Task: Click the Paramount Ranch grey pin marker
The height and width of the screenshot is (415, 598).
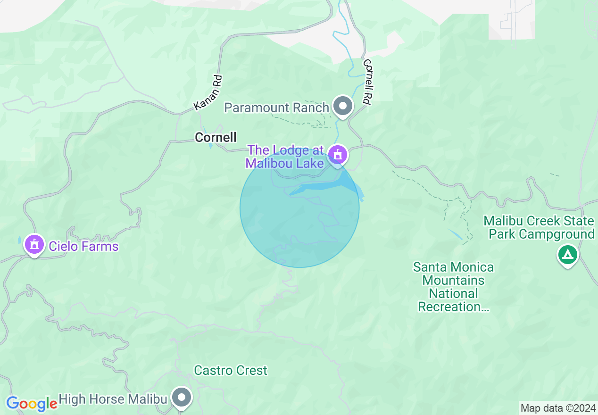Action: point(343,106)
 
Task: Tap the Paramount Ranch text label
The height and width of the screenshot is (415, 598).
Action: point(276,108)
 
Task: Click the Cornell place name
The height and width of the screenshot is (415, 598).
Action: point(216,137)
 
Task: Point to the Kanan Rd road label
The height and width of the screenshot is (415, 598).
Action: point(208,93)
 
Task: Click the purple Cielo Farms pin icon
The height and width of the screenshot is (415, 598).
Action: point(34,245)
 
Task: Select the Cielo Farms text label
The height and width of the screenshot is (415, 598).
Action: point(83,246)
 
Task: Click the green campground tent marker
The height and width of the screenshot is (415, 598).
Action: point(568,255)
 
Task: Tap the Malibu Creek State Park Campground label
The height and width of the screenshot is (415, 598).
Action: point(539,227)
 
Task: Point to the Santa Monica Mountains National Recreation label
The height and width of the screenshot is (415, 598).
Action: point(453,287)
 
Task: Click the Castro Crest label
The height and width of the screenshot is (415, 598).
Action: point(231,370)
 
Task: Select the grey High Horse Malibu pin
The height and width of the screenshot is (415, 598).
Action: point(182,398)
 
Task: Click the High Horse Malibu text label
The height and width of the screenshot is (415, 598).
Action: point(113,399)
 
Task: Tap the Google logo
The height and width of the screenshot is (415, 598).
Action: point(31,404)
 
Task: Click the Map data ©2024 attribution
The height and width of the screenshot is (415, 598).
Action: point(558,408)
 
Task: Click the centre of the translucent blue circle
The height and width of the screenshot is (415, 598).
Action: point(299,208)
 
